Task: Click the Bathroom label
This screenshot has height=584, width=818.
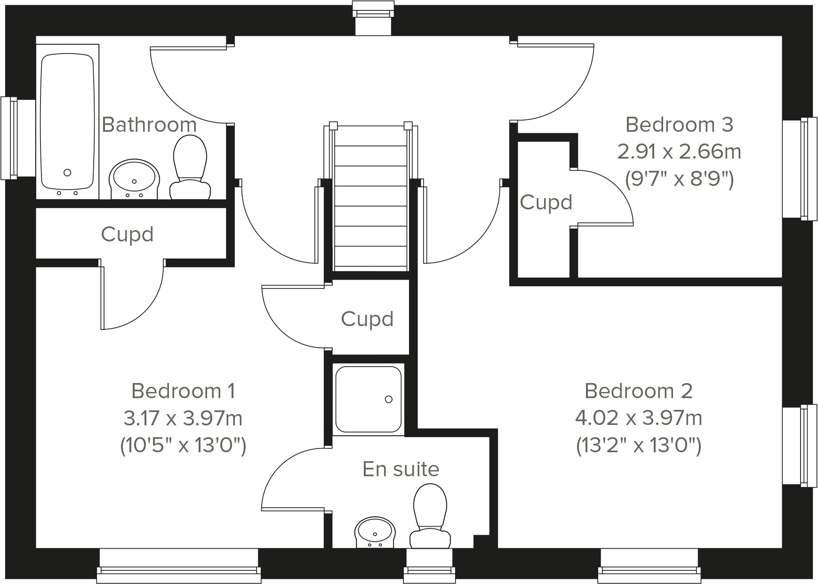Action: [149, 125]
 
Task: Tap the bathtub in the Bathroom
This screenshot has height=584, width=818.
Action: [67, 122]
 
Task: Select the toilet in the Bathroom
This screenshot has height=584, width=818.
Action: [190, 167]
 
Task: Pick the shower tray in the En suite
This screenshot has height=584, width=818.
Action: [368, 399]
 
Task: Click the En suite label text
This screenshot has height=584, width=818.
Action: [401, 469]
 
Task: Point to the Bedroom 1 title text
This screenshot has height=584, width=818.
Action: [183, 391]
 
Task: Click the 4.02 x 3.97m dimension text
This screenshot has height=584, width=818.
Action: [639, 418]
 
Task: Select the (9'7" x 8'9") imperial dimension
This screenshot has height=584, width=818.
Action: [679, 179]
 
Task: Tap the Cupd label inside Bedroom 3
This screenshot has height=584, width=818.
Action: [546, 202]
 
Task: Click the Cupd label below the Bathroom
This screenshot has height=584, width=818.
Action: [128, 234]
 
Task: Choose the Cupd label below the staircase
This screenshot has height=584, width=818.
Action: [367, 319]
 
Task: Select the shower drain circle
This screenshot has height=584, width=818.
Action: [389, 400]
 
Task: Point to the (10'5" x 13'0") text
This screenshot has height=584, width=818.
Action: [183, 445]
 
